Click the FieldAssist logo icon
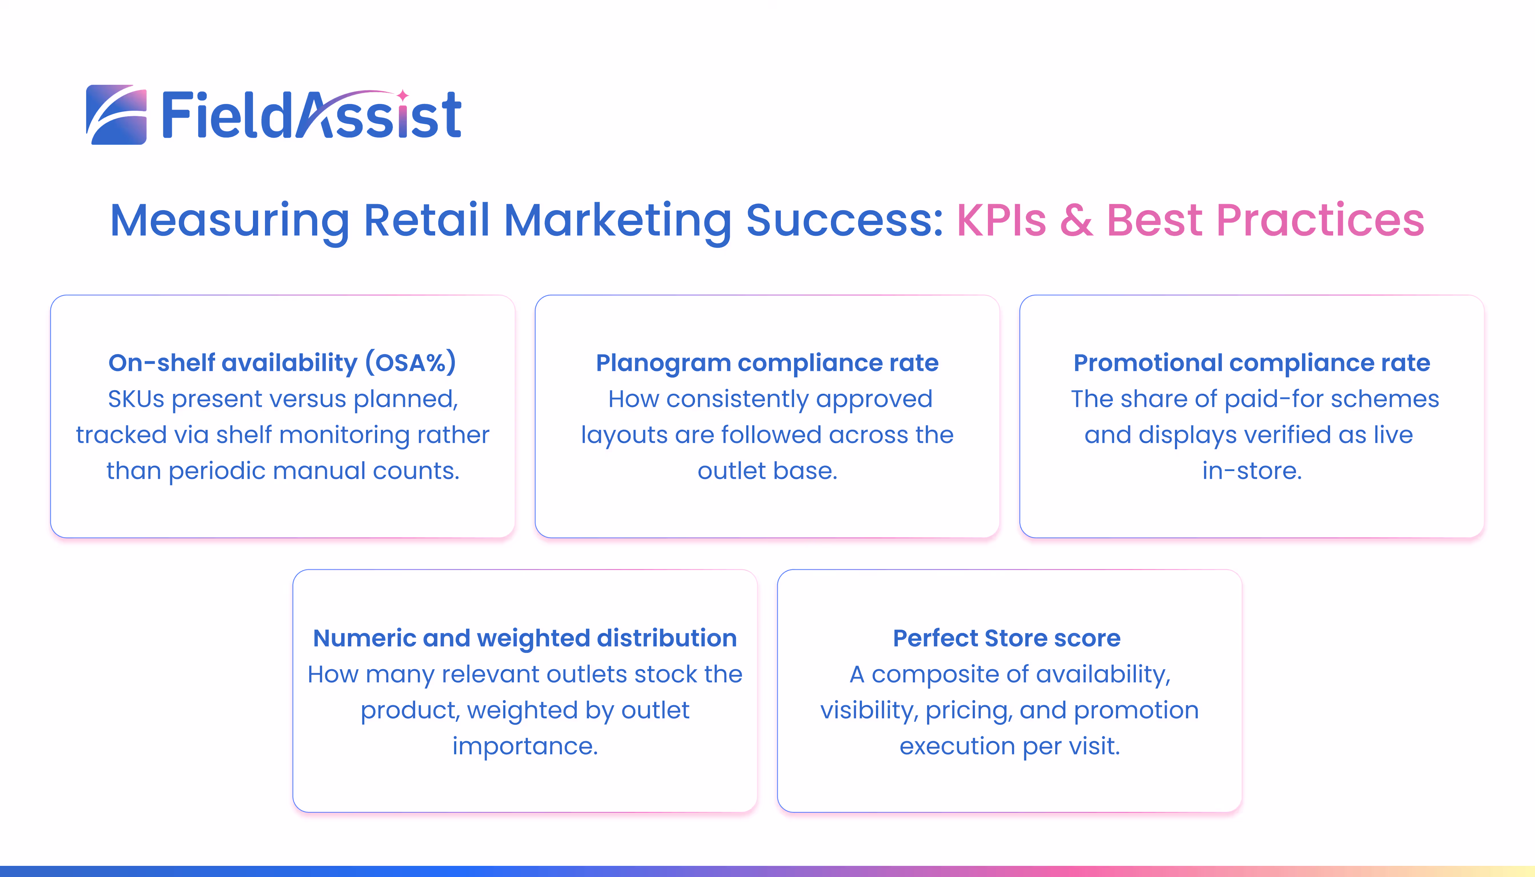pyautogui.click(x=116, y=114)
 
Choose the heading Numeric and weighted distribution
pyautogui.click(x=525, y=638)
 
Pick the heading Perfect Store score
pyautogui.click(x=1007, y=638)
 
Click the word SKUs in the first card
pyautogui.click(x=136, y=399)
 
